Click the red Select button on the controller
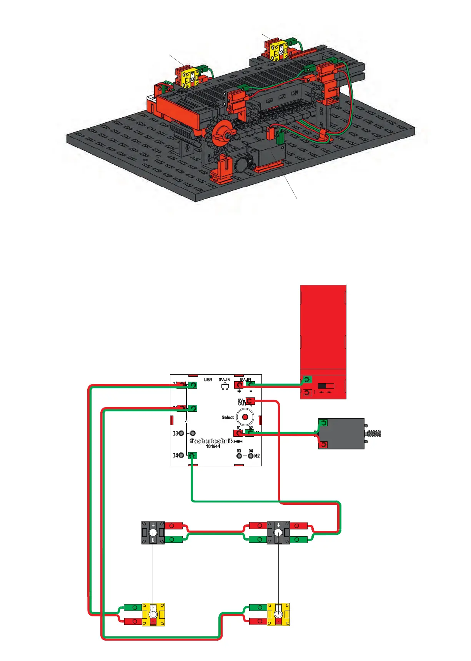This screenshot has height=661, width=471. (x=245, y=417)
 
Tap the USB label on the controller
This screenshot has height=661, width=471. (x=208, y=380)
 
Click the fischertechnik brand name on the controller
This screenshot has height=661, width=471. (x=212, y=441)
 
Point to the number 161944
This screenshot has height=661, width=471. (x=213, y=446)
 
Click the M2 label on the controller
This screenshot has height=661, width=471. (x=257, y=456)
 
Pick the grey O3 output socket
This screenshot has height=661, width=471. (x=239, y=456)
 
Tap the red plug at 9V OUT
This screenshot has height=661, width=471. (x=250, y=401)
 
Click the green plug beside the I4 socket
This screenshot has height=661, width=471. (x=193, y=456)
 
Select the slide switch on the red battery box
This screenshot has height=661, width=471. (x=326, y=386)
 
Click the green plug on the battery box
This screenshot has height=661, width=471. (x=307, y=380)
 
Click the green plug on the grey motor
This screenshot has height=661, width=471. (x=323, y=423)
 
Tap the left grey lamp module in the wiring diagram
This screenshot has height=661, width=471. (x=153, y=532)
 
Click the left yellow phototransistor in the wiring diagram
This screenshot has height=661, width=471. (x=153, y=614)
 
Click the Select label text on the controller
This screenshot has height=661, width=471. (x=228, y=417)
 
